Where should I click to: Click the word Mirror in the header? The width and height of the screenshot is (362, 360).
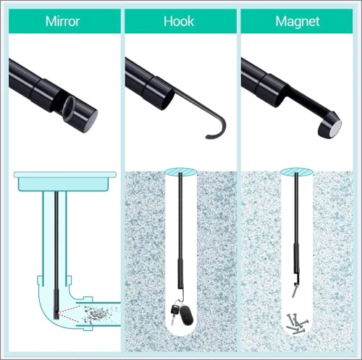tap(62, 21)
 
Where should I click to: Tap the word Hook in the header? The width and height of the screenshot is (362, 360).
tap(179, 21)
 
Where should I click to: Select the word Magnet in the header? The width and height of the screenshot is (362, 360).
tap(298, 22)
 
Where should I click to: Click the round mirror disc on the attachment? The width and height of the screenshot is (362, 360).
tap(69, 107)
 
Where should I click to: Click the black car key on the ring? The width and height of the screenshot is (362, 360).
tap(174, 313)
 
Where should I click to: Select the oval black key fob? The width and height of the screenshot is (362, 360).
tap(186, 315)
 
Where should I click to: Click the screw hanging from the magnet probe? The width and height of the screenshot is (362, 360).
tap(294, 290)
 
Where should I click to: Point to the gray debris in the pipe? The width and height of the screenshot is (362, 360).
tap(95, 314)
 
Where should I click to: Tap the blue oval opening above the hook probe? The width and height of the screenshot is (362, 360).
tap(181, 172)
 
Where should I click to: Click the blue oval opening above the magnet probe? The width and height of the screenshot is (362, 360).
tap(297, 172)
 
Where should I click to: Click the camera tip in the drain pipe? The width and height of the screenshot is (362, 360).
tap(56, 314)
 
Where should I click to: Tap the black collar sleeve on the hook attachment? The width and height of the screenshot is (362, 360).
tap(157, 94)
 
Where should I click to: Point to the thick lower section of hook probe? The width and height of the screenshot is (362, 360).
tap(180, 274)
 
